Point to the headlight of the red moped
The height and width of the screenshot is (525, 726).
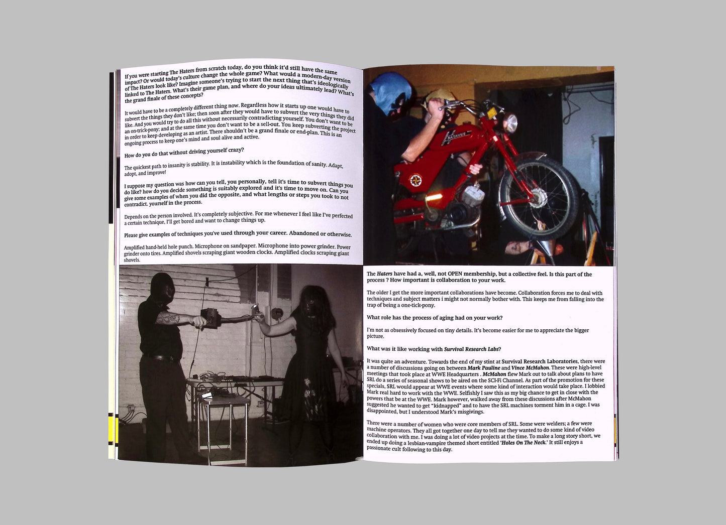(510, 123)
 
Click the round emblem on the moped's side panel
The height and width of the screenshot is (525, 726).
(416, 180)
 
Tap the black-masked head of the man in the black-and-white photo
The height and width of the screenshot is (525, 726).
(162, 288)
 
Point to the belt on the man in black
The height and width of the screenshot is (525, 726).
(161, 357)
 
